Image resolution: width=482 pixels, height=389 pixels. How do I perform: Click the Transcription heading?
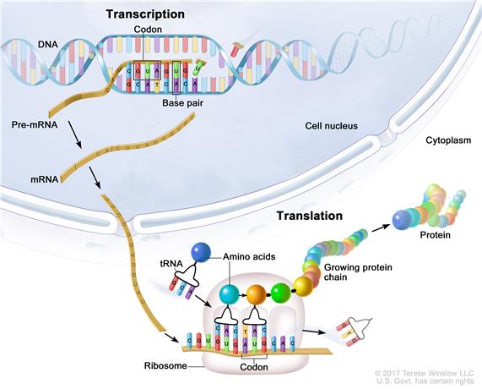(145, 14)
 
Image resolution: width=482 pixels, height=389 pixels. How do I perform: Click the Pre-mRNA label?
(33, 125)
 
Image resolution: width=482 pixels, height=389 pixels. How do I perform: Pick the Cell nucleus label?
(331, 126)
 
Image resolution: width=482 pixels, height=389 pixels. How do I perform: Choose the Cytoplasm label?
(447, 141)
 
